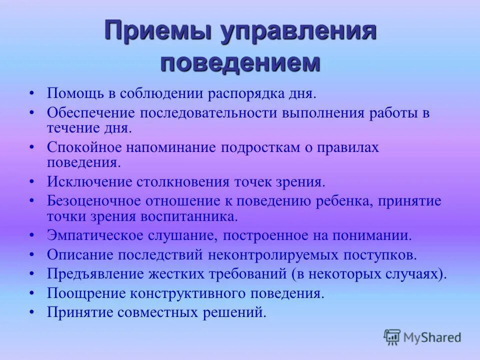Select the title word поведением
click(240, 63)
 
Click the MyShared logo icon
click(392, 337)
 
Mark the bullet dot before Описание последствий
click(32, 254)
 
